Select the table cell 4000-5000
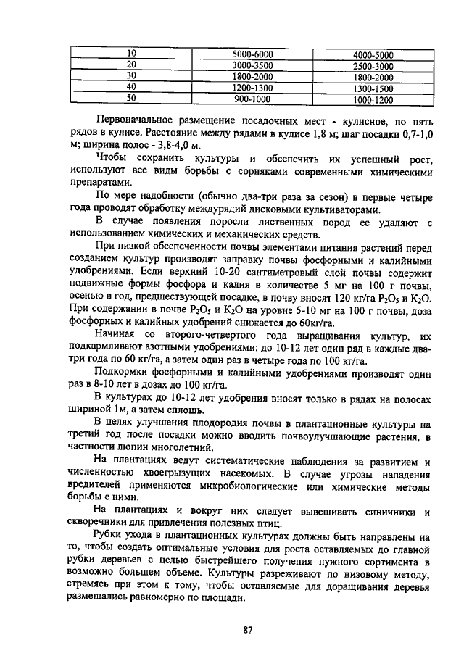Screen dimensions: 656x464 373,54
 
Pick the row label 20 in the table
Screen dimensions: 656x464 131,65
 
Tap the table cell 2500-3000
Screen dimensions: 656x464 373,66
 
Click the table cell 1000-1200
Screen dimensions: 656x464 373,99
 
